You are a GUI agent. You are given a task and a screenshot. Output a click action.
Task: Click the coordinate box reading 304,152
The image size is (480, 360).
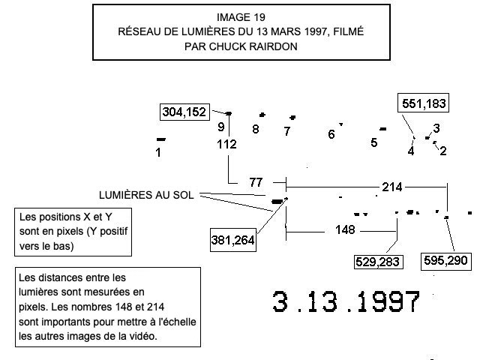point(184,112)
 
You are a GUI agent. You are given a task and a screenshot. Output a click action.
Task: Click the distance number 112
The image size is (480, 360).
point(227,144)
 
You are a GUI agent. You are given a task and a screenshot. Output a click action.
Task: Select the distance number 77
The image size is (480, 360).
point(256,182)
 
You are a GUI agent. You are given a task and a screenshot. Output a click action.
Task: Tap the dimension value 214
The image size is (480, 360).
point(391,186)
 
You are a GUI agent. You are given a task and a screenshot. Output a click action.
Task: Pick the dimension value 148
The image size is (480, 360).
point(345,229)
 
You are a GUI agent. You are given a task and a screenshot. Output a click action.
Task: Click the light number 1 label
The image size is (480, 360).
point(158,152)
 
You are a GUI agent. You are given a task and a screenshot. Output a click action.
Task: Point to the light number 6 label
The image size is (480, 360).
point(331,135)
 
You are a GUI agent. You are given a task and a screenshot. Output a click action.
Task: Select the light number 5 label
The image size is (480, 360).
point(373,142)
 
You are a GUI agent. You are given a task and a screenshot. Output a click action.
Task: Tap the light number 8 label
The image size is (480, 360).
point(256,129)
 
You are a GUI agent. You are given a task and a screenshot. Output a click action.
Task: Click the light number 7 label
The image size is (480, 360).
point(286,132)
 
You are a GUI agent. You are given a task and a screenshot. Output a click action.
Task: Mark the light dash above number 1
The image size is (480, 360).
point(160,139)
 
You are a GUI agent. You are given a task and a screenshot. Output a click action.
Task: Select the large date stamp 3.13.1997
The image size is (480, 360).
point(346,302)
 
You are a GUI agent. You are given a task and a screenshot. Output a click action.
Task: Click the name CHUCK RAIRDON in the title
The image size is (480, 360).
point(255,45)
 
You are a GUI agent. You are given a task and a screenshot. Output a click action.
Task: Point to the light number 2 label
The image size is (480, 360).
point(442,151)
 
